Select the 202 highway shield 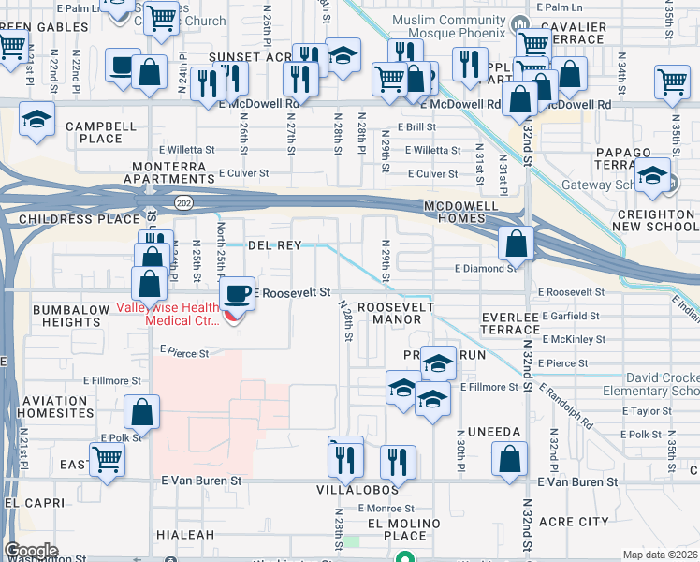pyautogui.click(x=182, y=201)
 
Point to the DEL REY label pyautogui.click(x=274, y=245)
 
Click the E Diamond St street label pyautogui.click(x=486, y=268)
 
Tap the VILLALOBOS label pyautogui.click(x=371, y=489)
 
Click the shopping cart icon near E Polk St pyautogui.click(x=108, y=460)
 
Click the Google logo pyautogui.click(x=30, y=551)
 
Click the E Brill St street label pyautogui.click(x=416, y=126)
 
